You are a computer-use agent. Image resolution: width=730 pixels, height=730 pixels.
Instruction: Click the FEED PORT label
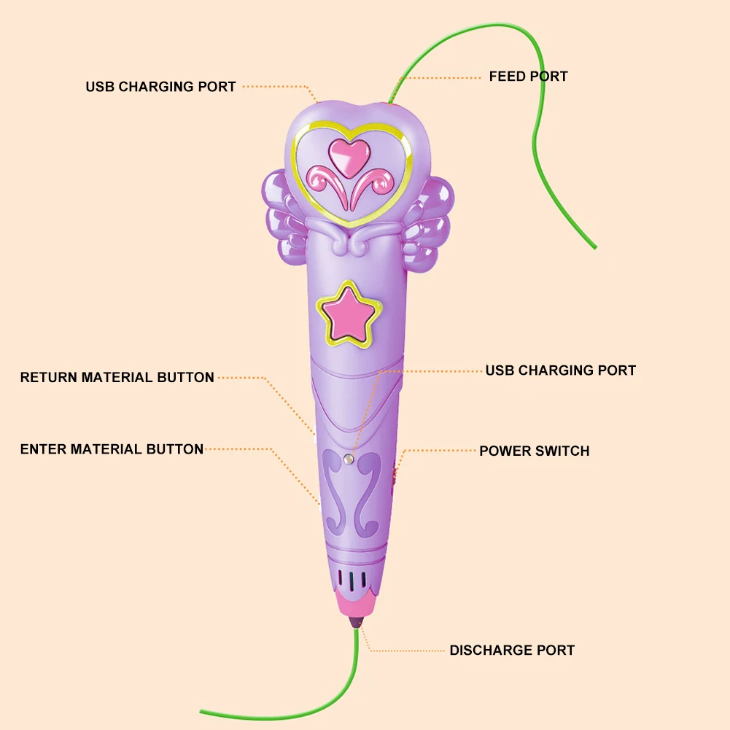tap(528, 77)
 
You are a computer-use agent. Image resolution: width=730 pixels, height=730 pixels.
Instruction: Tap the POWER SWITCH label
tap(534, 451)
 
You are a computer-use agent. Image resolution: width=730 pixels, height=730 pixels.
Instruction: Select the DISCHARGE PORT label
tap(512, 651)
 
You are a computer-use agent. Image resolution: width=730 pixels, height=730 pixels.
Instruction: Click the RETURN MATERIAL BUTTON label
tap(117, 378)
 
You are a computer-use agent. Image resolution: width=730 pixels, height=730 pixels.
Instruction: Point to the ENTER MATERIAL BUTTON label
tap(112, 449)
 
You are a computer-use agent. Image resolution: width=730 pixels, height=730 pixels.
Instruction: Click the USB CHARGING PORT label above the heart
tap(160, 87)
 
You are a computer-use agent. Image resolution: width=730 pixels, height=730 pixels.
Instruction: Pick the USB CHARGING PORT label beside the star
tap(560, 370)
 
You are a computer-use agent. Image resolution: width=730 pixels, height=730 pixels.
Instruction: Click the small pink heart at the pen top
tap(346, 153)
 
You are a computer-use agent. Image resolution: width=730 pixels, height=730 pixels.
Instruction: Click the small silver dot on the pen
tap(349, 458)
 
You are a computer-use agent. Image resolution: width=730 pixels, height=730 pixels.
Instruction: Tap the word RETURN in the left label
tap(49, 378)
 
